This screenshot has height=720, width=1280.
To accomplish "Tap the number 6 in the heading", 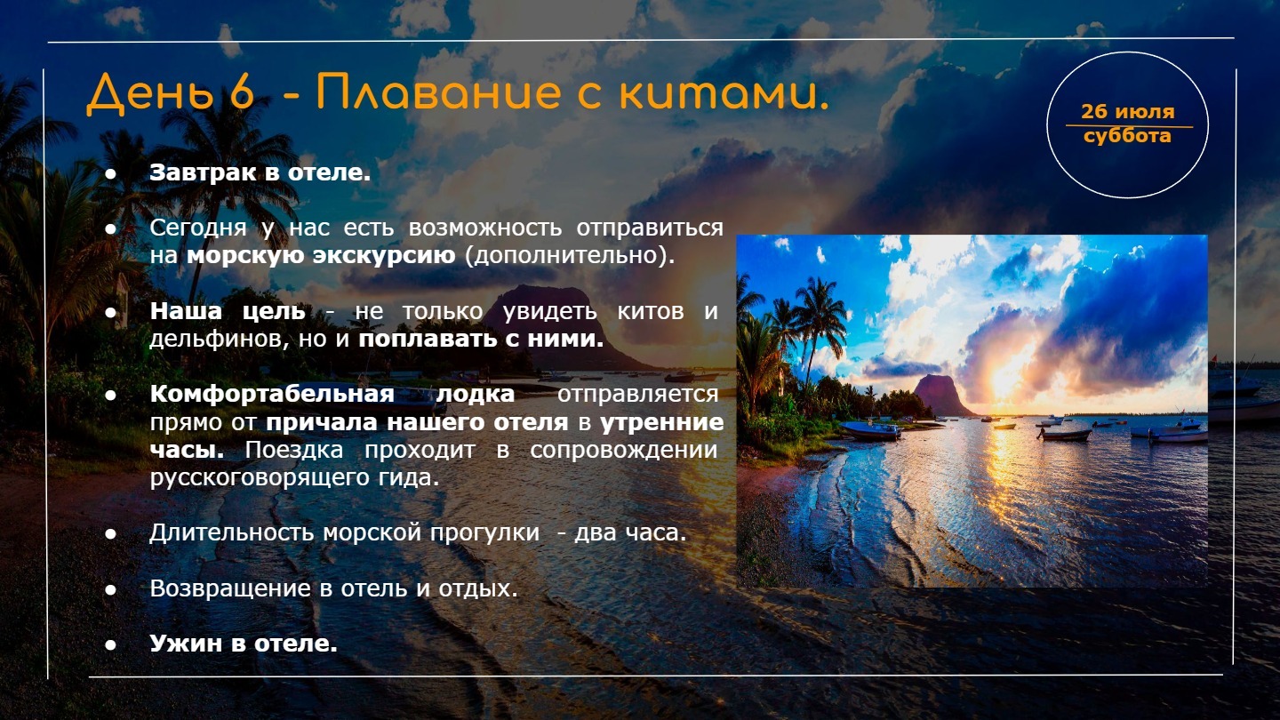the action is pos(242,92).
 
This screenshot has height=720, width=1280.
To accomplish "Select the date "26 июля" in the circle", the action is pos(1127,111).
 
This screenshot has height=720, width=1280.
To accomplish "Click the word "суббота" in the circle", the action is pos(1127,136).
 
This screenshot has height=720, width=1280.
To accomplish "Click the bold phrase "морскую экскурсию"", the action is pos(321,255).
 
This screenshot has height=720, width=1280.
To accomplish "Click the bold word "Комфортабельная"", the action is pos(272,395).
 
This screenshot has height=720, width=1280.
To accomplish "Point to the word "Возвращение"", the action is pos(230,588).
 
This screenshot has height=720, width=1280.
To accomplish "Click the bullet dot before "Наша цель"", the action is pos(111,313).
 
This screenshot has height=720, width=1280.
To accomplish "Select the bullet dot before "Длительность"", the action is pos(111,533).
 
